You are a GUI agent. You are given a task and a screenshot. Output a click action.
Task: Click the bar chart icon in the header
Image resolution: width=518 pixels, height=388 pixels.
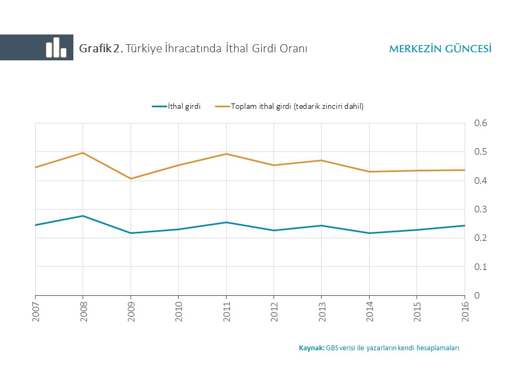(56, 47)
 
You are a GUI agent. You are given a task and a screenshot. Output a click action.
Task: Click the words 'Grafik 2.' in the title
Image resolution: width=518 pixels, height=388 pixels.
(101, 48)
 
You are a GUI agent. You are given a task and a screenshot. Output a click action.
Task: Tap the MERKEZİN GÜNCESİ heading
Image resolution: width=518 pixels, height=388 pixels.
(440, 48)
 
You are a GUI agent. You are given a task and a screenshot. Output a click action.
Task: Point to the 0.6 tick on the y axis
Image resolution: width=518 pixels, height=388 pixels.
(480, 123)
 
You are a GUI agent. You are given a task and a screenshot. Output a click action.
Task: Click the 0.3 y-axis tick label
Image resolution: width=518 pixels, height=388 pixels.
(480, 209)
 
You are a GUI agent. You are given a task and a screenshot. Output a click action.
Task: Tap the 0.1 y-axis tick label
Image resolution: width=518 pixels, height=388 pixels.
(480, 267)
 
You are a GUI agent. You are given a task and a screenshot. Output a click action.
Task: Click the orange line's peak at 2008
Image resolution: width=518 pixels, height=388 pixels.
(83, 153)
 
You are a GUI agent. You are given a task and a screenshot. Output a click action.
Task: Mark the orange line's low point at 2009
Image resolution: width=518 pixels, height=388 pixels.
(131, 178)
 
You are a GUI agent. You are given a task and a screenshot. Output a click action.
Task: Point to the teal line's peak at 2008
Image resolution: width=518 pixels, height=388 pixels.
(83, 216)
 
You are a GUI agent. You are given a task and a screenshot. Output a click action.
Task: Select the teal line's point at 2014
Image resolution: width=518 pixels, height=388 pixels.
(369, 233)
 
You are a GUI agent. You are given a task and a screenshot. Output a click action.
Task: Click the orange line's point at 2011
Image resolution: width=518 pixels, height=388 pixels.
(226, 154)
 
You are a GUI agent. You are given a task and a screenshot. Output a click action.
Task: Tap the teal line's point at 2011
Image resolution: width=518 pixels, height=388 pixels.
(226, 222)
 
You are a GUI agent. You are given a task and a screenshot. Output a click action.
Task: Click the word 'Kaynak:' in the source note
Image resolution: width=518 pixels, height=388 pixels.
(312, 348)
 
